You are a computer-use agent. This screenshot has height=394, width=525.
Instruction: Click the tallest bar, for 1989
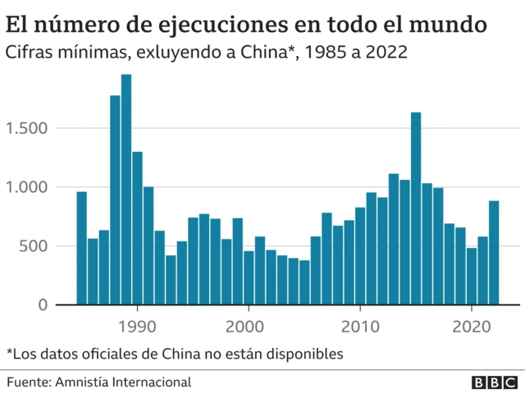(126, 190)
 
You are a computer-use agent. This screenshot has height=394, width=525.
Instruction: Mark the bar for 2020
(472, 276)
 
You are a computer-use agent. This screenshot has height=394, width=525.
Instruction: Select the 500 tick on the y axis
(36, 246)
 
